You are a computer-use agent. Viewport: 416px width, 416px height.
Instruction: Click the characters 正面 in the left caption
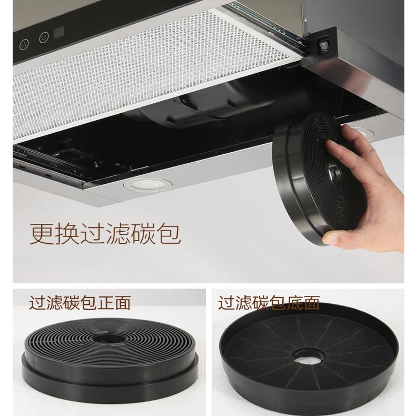point(117,303)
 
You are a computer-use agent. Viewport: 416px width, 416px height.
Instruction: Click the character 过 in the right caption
point(227,303)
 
